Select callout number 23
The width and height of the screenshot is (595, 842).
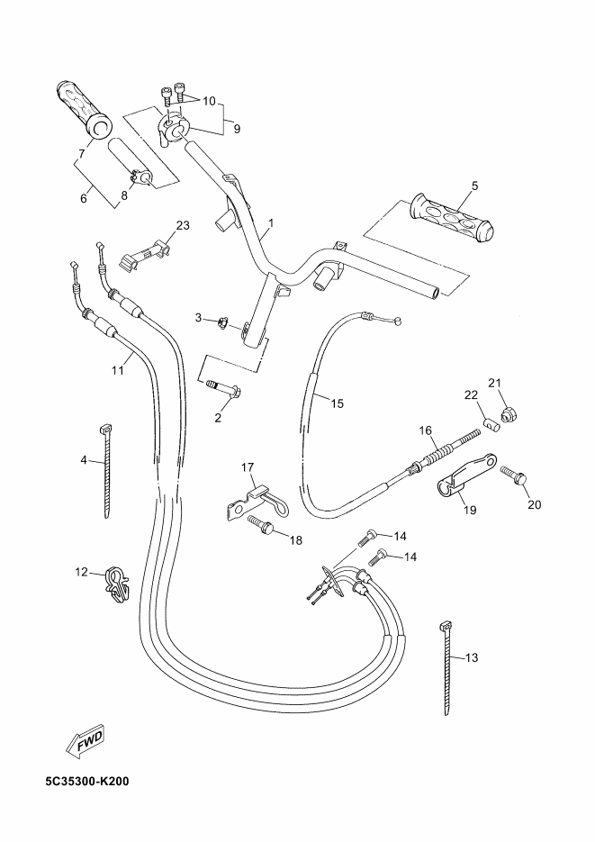[183, 225]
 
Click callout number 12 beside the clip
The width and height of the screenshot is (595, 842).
[81, 573]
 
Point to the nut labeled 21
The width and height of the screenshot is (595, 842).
[508, 414]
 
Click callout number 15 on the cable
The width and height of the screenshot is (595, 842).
[337, 403]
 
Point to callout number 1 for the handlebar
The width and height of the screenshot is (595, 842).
[271, 222]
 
